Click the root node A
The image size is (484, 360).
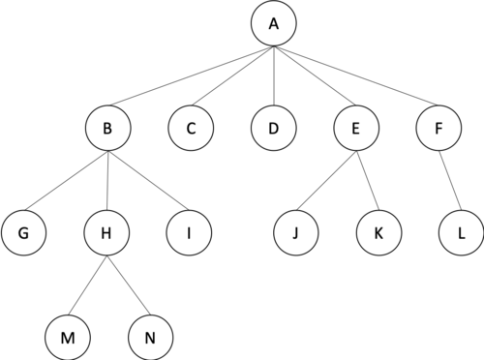coord(274,23)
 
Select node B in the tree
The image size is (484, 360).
coord(108,128)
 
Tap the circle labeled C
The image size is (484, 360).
coord(191,128)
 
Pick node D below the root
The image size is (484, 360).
coord(274,128)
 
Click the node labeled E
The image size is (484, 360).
coord(356,128)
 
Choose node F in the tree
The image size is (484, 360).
coord(439,128)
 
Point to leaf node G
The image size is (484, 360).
coord(23,232)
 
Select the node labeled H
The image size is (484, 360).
coord(106,232)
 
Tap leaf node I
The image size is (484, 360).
coord(190,232)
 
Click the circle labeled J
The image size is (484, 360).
coord(296,232)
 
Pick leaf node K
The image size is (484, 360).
coord(379,232)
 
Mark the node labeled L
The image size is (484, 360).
coord(462,232)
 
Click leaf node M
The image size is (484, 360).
coord(68,338)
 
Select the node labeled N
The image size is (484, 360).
coord(151,338)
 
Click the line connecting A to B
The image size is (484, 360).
coord(192,75)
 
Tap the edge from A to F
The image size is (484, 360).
coord(356,75)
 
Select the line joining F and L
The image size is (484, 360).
coord(449,181)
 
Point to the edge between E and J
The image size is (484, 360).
coord(327,181)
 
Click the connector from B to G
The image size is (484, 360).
coord(67,181)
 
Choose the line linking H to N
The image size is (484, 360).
coord(129,285)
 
